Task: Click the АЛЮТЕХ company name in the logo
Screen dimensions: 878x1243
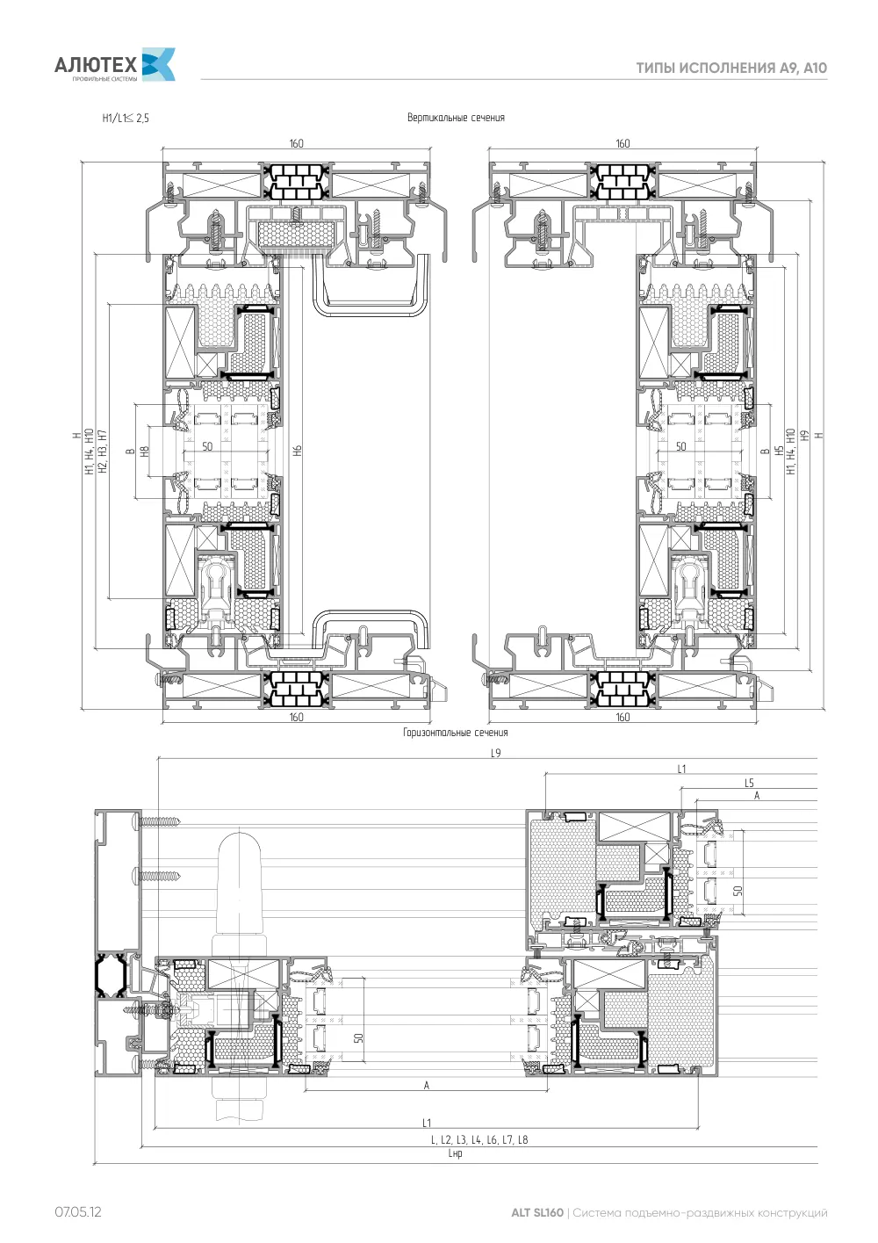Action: point(96,65)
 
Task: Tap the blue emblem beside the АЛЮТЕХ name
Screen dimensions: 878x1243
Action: point(159,64)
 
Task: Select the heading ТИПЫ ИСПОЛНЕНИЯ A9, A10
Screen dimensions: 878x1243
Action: point(731,69)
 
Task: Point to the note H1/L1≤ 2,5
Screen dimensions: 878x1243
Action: point(126,118)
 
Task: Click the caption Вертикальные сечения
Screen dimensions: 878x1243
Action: point(456,118)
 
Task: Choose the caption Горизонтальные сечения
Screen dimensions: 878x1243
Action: point(456,733)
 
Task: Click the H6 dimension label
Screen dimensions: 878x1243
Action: point(298,450)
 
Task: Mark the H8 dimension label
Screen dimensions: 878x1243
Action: point(145,452)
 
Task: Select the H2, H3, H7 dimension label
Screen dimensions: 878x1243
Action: point(103,452)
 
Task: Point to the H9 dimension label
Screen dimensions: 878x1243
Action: point(805,436)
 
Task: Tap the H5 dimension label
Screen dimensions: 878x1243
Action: point(779,451)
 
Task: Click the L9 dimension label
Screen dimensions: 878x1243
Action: point(496,753)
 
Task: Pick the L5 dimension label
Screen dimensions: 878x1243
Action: point(749,783)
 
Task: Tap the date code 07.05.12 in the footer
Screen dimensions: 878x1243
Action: point(77,1211)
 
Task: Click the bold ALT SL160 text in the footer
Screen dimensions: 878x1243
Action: point(536,1212)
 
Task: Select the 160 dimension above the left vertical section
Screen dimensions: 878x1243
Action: point(296,143)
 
